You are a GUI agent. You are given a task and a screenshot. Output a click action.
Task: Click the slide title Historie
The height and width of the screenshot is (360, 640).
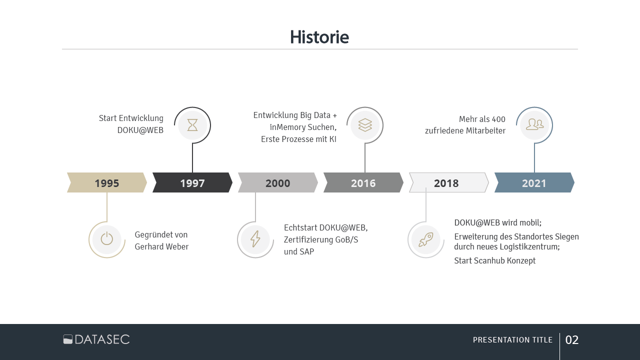tap(319, 37)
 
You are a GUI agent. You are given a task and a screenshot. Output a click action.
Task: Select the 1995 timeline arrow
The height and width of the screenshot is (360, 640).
tap(107, 183)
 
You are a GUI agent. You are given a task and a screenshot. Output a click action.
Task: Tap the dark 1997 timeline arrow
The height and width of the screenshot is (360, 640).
tap(192, 183)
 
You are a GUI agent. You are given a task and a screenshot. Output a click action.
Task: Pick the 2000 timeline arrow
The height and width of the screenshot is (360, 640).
tap(278, 183)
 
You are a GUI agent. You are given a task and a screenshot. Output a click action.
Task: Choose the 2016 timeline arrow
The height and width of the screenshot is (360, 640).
tap(363, 183)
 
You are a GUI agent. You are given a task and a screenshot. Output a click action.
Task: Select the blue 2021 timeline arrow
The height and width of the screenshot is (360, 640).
tap(534, 183)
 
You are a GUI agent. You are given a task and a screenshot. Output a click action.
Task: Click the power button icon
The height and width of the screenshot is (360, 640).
tap(107, 239)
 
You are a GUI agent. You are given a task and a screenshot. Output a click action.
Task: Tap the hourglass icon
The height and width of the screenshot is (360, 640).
tap(192, 125)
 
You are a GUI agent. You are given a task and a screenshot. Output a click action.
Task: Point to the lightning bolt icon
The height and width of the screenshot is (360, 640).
tap(255, 239)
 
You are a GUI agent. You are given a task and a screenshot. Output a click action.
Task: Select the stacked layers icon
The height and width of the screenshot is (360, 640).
tap(365, 125)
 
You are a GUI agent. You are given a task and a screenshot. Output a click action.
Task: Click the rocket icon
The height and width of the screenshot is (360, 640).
tap(426, 240)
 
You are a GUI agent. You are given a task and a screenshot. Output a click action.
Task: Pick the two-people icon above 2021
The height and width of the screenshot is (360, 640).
tap(534, 124)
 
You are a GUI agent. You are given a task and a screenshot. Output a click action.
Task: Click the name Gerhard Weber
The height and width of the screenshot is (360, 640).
tap(161, 247)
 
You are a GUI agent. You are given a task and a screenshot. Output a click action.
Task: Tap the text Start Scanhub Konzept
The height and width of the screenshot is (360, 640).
tap(494, 261)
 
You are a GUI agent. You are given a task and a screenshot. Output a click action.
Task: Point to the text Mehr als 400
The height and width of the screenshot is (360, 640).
tap(482, 119)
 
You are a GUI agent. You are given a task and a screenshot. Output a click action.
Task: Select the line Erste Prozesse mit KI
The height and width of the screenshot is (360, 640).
tap(298, 139)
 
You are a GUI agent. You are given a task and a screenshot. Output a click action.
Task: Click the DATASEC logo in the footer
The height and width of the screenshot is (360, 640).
tap(96, 339)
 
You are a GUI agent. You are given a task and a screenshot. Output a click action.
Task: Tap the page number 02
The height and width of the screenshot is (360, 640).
tap(572, 340)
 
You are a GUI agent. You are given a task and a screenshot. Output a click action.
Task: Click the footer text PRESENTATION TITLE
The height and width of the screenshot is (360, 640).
tap(512, 340)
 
